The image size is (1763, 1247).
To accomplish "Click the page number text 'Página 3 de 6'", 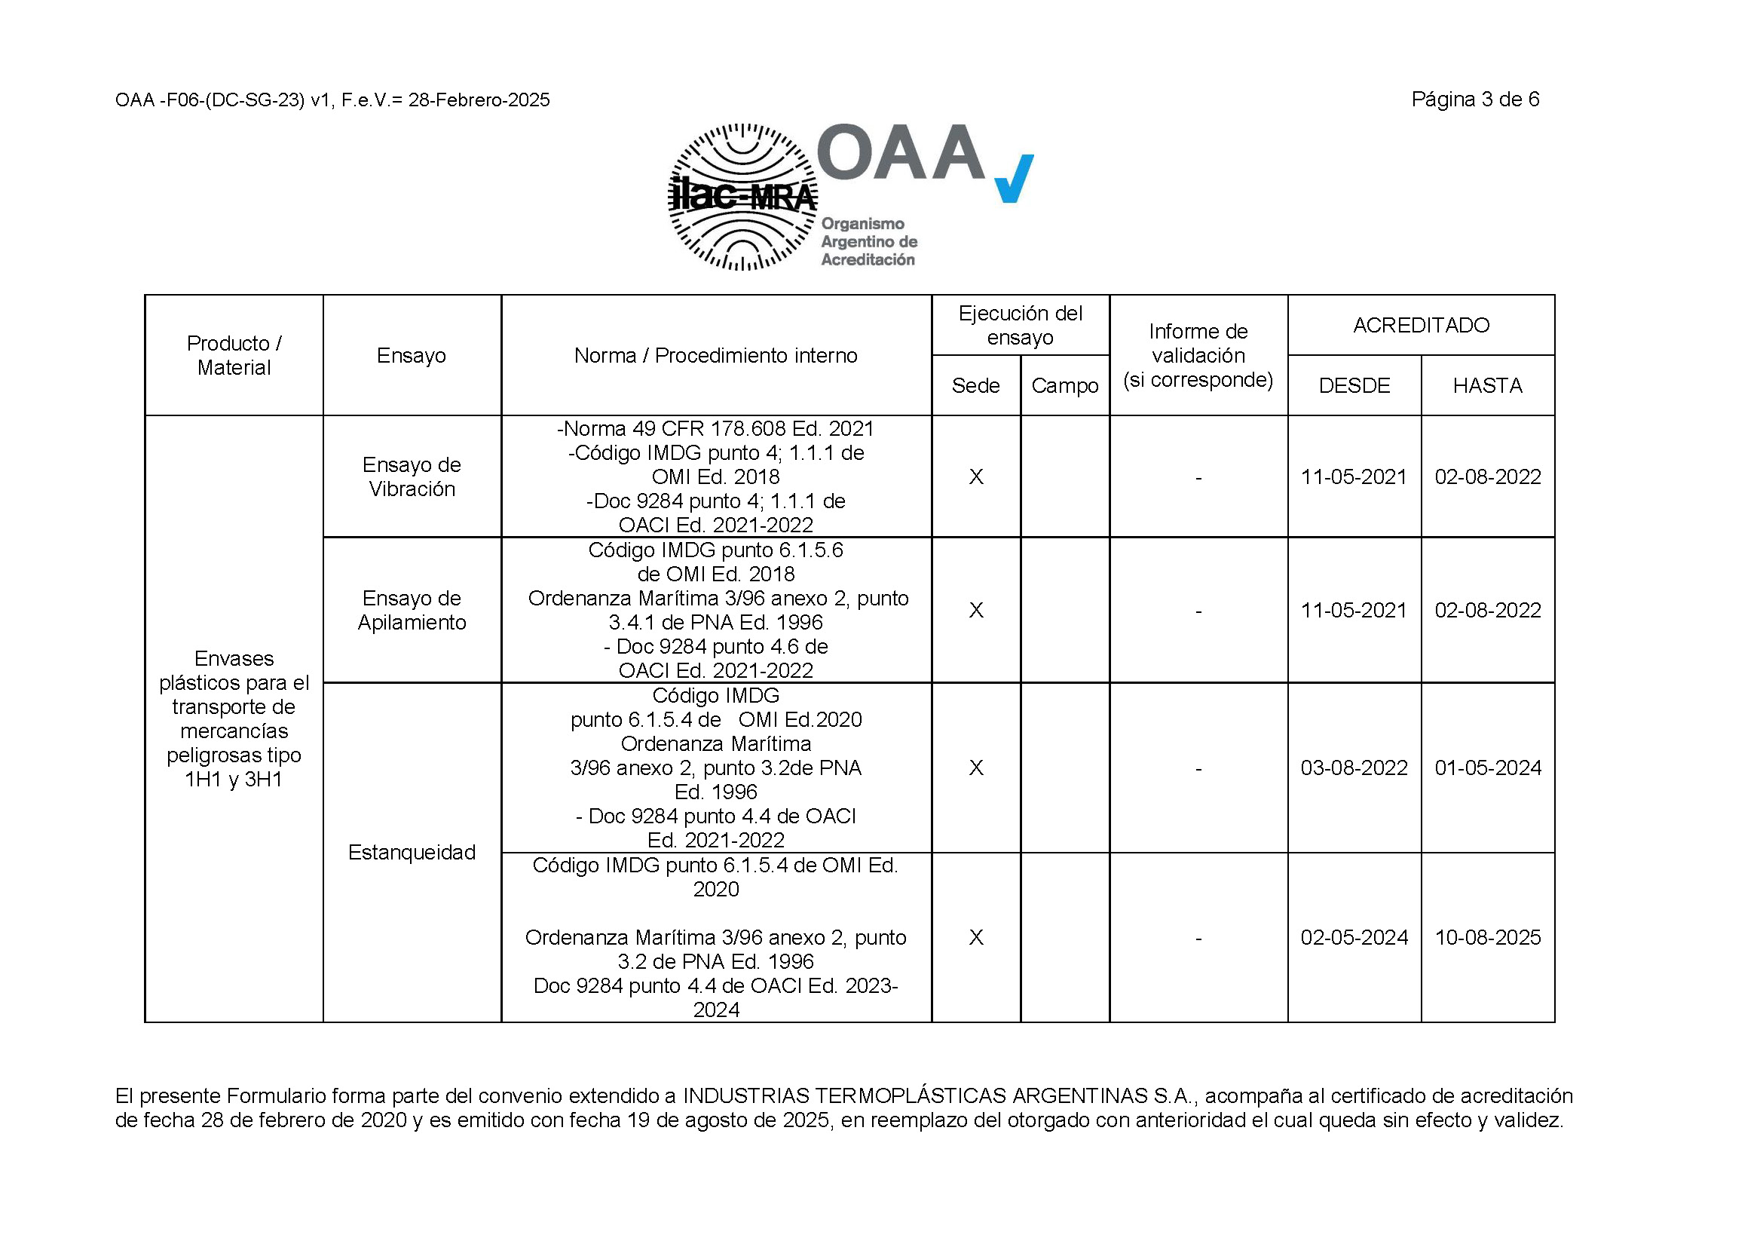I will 1474,100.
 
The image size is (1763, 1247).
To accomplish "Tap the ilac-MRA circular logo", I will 742,198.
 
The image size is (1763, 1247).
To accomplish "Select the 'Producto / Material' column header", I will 234,356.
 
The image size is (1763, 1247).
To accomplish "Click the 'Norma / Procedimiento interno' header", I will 715,356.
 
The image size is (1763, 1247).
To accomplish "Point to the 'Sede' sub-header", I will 975,385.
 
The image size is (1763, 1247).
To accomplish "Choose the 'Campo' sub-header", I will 1064,385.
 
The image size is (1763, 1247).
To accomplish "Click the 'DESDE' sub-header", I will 1354,385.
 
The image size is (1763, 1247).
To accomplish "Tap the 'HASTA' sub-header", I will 1487,385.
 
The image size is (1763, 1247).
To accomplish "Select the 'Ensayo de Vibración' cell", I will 412,476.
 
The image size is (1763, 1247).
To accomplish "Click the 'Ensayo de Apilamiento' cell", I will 412,611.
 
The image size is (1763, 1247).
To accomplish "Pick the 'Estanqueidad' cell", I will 412,853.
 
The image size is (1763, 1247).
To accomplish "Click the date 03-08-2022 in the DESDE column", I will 1354,768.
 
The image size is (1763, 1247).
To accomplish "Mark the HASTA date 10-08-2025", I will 1487,938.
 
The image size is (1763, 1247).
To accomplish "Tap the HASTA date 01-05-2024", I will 1487,768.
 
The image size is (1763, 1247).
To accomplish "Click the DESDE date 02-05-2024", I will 1354,938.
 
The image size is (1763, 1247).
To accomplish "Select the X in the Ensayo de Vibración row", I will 976,477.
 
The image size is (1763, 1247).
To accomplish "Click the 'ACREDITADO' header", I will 1421,326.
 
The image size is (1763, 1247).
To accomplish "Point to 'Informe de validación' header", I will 1198,356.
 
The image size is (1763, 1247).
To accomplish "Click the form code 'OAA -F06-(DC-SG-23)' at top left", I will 210,100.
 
